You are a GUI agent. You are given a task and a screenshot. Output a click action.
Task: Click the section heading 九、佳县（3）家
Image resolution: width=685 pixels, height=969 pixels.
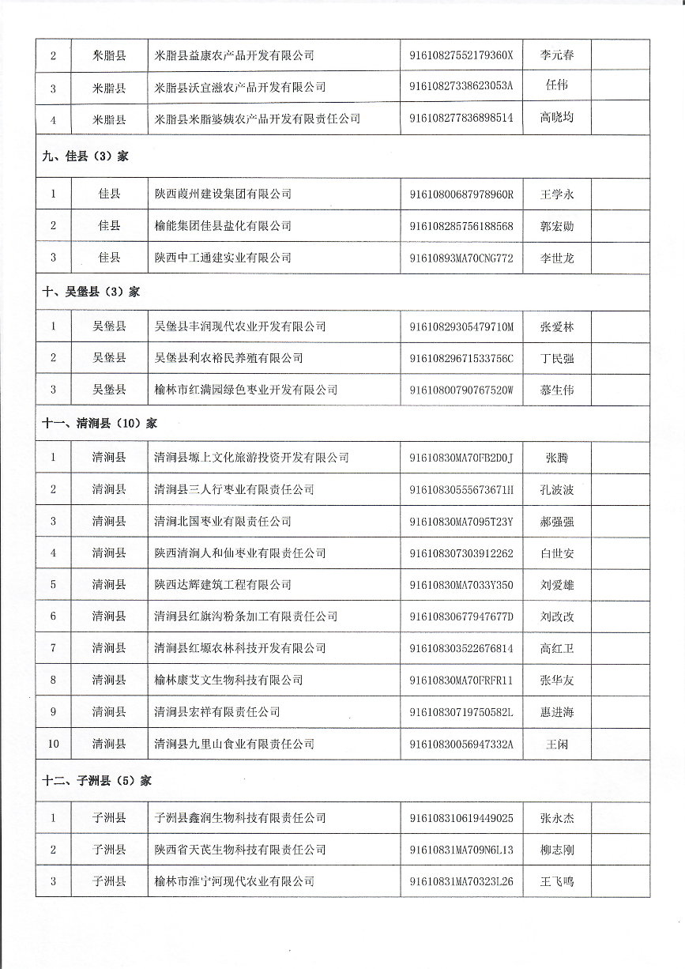point(85,156)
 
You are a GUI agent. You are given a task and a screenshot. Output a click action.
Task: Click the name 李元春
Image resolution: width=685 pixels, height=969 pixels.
point(556,55)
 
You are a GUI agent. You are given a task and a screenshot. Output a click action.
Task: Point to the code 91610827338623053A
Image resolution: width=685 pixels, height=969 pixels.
point(461,87)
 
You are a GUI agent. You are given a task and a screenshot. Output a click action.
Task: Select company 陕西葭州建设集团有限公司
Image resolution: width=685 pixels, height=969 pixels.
point(223,194)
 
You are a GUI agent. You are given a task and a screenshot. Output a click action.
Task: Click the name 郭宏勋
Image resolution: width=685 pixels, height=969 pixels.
point(556,226)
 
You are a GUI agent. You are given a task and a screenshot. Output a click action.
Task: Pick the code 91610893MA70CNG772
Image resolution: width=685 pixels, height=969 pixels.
point(461,258)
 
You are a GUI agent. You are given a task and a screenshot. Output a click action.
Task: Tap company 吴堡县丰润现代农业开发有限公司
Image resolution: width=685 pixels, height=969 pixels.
point(240,326)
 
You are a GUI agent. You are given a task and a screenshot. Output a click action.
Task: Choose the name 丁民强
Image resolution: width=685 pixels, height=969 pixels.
point(556,358)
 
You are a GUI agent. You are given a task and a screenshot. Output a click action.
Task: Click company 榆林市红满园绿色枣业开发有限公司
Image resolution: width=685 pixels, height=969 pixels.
point(246,390)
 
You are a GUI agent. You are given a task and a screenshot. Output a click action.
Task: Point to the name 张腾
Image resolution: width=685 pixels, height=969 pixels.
point(556,458)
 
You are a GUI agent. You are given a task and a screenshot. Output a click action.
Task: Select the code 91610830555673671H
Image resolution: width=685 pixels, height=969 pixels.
point(461,489)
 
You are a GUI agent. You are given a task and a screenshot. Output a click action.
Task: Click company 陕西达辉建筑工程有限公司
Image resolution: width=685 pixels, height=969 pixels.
point(223,585)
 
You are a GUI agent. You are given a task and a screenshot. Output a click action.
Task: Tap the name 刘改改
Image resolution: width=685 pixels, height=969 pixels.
point(556,616)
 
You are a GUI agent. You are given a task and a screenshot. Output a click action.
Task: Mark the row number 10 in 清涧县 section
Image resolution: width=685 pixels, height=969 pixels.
point(53,744)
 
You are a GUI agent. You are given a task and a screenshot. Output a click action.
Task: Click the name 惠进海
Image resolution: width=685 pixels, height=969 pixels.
point(556,712)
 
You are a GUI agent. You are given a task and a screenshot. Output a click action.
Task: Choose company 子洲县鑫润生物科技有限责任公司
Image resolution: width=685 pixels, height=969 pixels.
point(240,818)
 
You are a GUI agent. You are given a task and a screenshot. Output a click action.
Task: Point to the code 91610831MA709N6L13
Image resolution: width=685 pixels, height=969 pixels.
point(461,850)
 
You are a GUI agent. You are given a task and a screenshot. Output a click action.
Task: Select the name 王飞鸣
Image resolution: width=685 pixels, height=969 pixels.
point(556,881)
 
